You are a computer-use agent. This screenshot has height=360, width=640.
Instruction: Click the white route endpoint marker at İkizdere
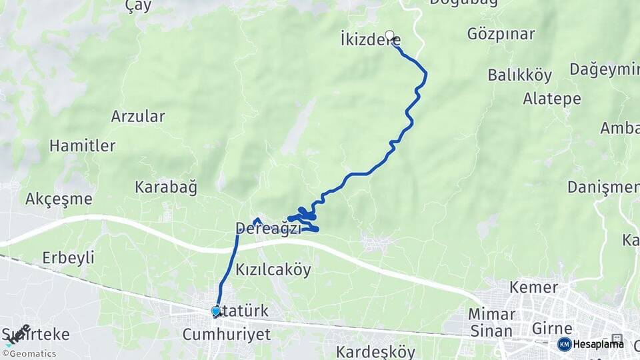click(389, 35)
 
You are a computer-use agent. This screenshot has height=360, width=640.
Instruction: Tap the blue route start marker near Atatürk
click(215, 311)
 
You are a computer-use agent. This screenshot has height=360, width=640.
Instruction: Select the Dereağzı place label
click(268, 229)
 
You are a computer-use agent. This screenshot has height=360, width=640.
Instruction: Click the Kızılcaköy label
click(273, 269)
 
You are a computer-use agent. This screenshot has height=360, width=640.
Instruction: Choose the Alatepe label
click(551, 99)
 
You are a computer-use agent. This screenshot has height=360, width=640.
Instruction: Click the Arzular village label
click(138, 116)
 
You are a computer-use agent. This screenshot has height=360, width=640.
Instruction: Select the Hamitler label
click(83, 145)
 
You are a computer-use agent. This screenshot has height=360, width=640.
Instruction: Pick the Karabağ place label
click(166, 187)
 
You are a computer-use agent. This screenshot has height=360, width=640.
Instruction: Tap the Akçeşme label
click(59, 199)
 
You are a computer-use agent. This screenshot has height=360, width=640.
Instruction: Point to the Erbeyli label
click(68, 257)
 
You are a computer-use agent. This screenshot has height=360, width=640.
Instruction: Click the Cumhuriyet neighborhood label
click(227, 334)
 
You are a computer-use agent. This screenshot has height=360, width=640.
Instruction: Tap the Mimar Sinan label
click(491, 322)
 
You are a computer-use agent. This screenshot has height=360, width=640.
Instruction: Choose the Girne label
click(552, 328)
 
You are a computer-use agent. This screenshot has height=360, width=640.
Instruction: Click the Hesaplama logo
click(591, 344)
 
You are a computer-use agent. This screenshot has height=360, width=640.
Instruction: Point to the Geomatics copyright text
click(29, 353)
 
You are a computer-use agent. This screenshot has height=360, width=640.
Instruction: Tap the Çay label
click(139, 6)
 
